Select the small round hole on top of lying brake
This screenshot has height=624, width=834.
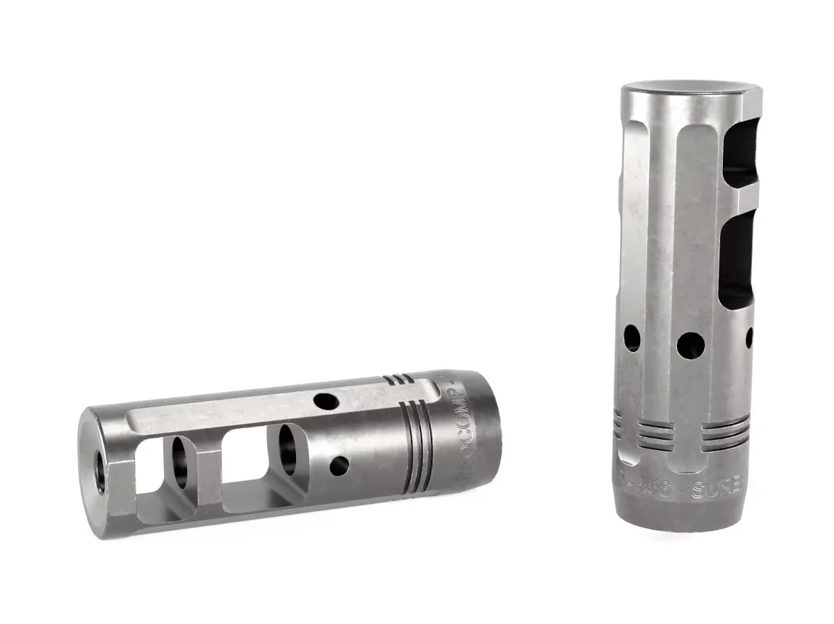(325, 400)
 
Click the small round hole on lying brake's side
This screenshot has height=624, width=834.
(339, 466)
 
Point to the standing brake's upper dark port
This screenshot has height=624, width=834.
(737, 156)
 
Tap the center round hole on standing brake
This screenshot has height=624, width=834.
(690, 343)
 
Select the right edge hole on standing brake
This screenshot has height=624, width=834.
(749, 337)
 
